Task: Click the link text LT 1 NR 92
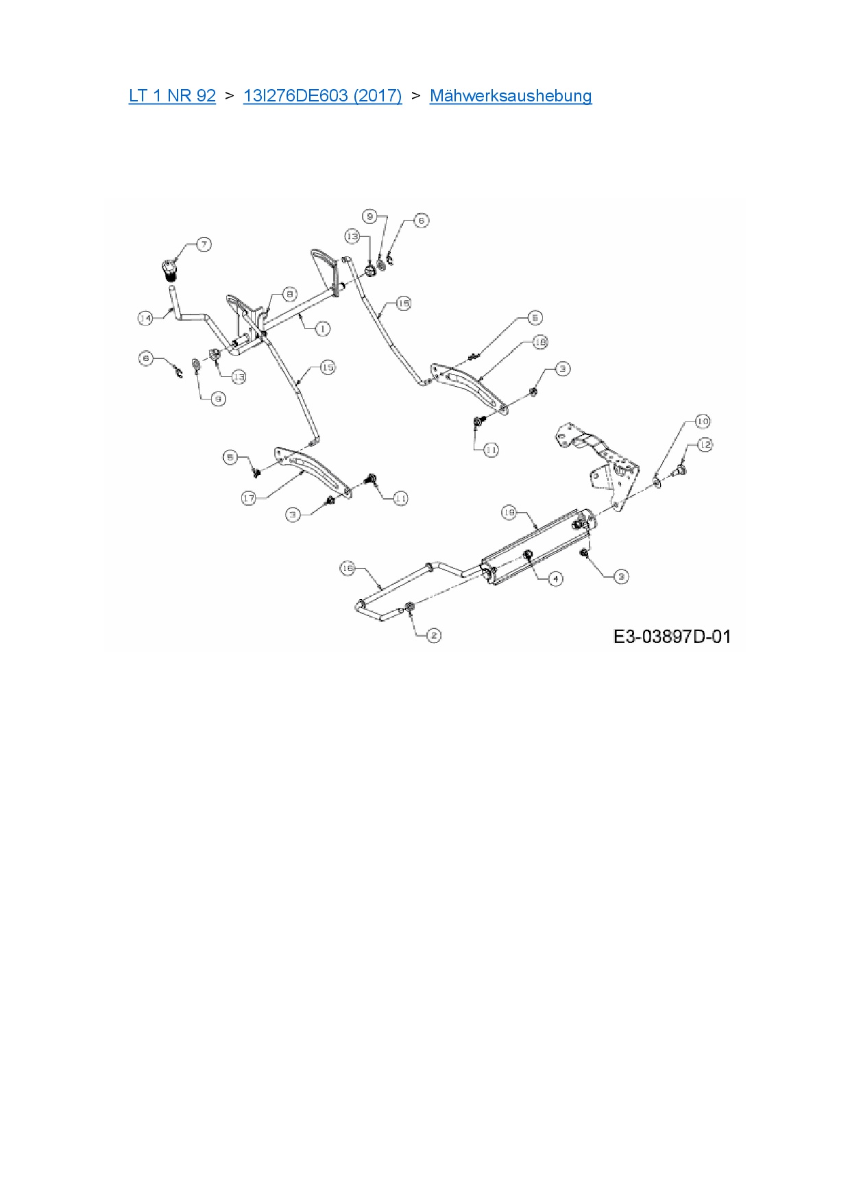172,96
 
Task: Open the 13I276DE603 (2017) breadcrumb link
322,96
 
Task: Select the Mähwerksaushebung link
511,96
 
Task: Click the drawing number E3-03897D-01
672,637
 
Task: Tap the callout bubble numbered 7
204,245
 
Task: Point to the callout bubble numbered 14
145,318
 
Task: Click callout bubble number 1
322,329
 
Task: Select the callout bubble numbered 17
249,498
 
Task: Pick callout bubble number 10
703,421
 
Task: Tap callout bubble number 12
705,445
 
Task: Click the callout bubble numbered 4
556,579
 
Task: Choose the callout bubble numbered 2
434,636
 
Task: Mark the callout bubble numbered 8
290,294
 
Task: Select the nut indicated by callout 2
409,607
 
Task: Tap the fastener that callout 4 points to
529,555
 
